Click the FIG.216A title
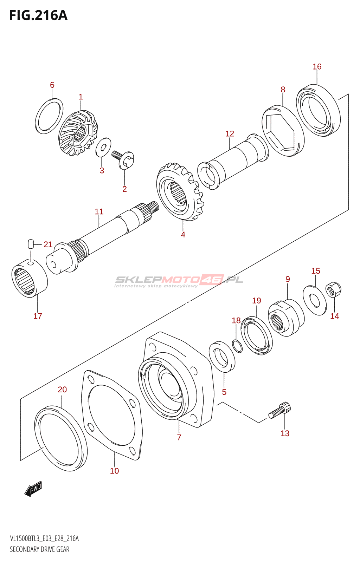pyautogui.click(x=38, y=15)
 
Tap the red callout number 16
pyautogui.click(x=317, y=66)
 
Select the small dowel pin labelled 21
pyautogui.click(x=30, y=244)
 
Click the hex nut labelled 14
pyautogui.click(x=333, y=290)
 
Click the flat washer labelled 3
pyautogui.click(x=103, y=147)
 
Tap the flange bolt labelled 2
pyautogui.click(x=123, y=159)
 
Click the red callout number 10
pyautogui.click(x=114, y=471)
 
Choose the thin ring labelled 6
pyautogui.click(x=49, y=116)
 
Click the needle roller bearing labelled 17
pyautogui.click(x=30, y=278)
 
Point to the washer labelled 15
pyautogui.click(x=315, y=300)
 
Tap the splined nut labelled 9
pyautogui.click(x=286, y=318)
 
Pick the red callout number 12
pyautogui.click(x=230, y=133)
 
